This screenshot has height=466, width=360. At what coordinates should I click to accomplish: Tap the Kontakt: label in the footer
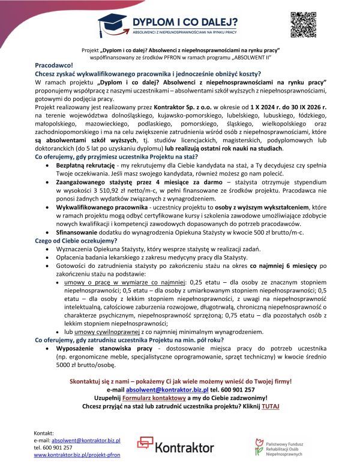coord(45,432)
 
